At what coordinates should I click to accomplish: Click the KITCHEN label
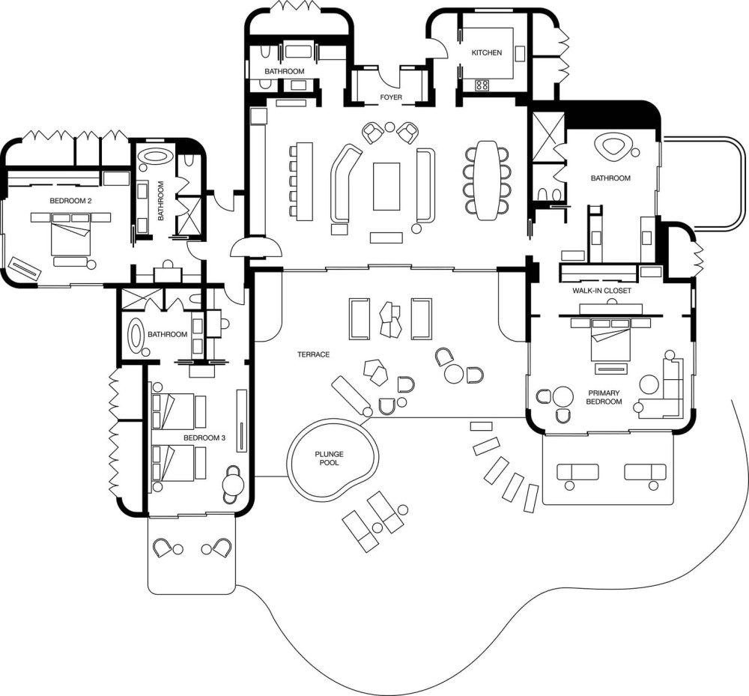click(487, 52)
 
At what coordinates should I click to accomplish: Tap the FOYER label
click(391, 97)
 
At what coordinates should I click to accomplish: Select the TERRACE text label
click(313, 354)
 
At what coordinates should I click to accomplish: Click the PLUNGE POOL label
click(329, 458)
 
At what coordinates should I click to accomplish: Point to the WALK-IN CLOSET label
click(602, 291)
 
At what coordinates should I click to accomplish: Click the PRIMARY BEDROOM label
click(604, 397)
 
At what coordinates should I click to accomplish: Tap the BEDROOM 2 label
click(70, 201)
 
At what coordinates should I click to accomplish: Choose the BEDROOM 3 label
click(204, 438)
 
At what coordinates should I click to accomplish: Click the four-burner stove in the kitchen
click(482, 85)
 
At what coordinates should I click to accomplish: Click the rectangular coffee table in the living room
click(386, 187)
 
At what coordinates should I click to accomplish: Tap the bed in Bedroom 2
click(70, 234)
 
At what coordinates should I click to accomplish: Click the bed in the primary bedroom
click(610, 339)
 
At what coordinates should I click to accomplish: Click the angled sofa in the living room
click(345, 184)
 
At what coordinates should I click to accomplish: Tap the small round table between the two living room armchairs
click(389, 127)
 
